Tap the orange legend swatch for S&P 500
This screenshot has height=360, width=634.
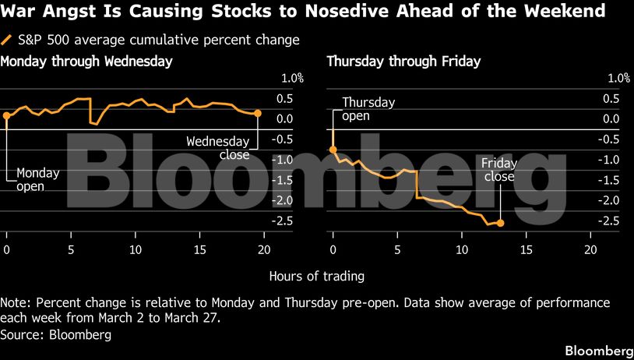point(7,39)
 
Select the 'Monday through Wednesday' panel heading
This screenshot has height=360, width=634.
point(86,61)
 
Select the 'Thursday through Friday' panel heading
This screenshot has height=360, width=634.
point(403,61)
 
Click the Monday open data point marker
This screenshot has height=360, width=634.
point(6,115)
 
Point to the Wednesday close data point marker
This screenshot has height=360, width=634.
point(258,114)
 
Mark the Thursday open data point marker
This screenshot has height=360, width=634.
point(333,149)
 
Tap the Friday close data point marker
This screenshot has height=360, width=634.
point(500,223)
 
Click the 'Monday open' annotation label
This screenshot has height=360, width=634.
point(37,179)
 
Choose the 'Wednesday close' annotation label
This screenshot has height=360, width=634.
point(218,148)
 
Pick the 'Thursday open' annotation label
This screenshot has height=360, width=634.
point(368,109)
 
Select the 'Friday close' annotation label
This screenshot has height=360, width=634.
point(498,170)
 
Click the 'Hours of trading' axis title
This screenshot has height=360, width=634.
point(316,276)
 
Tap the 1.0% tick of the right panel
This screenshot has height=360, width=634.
point(618,78)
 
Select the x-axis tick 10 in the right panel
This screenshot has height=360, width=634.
point(462,249)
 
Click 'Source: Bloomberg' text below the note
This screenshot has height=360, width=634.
point(56,335)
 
